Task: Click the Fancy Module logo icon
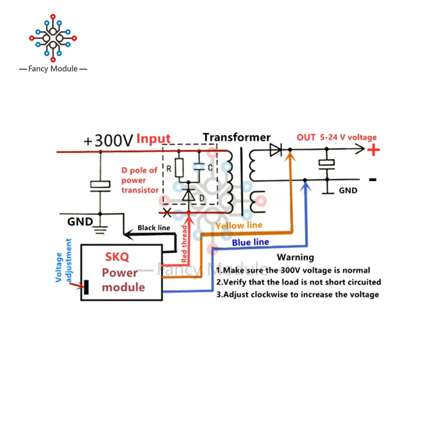[x=53, y=38]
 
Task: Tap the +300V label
[x=108, y=141]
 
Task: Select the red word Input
[x=153, y=138]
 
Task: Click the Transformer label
[x=236, y=137]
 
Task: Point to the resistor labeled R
[x=179, y=168]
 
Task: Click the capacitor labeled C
[x=199, y=167]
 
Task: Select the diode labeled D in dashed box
[x=189, y=195]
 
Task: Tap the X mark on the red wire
[x=167, y=213]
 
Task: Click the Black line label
[x=154, y=227]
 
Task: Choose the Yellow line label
[x=239, y=225]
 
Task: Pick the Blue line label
[x=250, y=242]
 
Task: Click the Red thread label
[x=184, y=244]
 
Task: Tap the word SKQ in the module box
[x=117, y=257]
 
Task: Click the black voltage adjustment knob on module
[x=86, y=287]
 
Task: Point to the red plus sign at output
[x=374, y=150]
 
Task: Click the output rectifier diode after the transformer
[x=276, y=150]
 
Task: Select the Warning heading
[x=295, y=257]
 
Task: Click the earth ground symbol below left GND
[x=101, y=230]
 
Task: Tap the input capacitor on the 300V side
[x=100, y=187]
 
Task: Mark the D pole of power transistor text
[x=140, y=180]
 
